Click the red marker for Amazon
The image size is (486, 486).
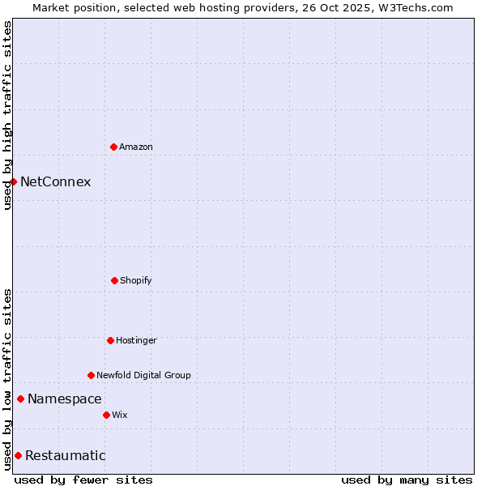click(113, 147)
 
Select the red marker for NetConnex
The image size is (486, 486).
click(13, 181)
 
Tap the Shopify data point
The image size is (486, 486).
click(114, 280)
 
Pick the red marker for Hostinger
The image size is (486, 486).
click(110, 340)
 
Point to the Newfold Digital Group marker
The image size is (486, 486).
click(91, 375)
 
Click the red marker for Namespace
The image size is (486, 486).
click(20, 399)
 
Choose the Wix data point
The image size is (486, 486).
click(106, 415)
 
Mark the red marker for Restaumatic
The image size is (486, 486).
click(18, 455)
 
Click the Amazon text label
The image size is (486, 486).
click(136, 147)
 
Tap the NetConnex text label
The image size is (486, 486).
click(55, 181)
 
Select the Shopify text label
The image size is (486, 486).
click(136, 280)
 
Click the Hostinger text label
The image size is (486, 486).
click(136, 340)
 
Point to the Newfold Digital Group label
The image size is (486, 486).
click(143, 375)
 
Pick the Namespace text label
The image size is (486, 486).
click(65, 399)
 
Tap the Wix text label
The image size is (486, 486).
click(120, 415)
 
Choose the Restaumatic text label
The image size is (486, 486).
click(66, 455)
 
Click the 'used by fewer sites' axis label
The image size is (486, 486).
click(83, 480)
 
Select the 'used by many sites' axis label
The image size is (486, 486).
click(407, 480)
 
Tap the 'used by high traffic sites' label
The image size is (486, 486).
click(7, 115)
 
